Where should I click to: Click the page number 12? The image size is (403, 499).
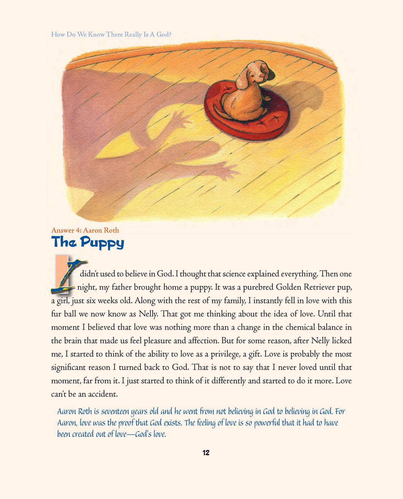click(206, 453)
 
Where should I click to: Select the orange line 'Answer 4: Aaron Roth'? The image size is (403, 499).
click(85, 230)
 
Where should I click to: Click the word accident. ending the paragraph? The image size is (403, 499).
click(103, 394)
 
